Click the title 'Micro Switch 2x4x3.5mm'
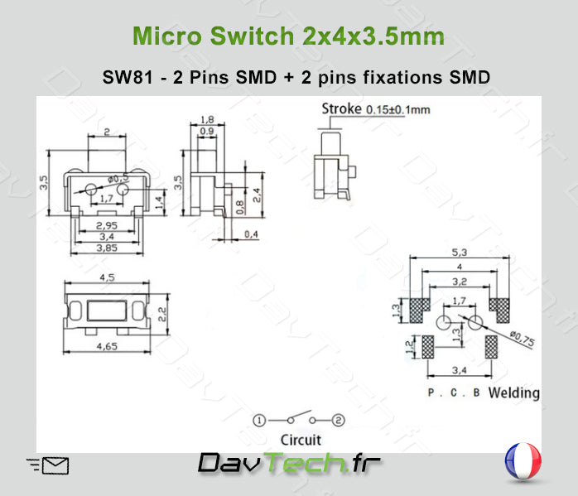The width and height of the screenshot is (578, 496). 288,36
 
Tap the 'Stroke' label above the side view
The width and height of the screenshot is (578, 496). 340,108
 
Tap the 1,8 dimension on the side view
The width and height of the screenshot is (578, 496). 207,120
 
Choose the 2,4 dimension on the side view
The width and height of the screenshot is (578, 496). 258,195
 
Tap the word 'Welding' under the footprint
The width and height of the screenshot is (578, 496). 513,392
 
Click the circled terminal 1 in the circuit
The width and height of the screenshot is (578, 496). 259,421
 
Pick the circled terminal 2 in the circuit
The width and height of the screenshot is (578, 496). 338,421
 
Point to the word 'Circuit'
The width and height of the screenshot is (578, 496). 301,440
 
